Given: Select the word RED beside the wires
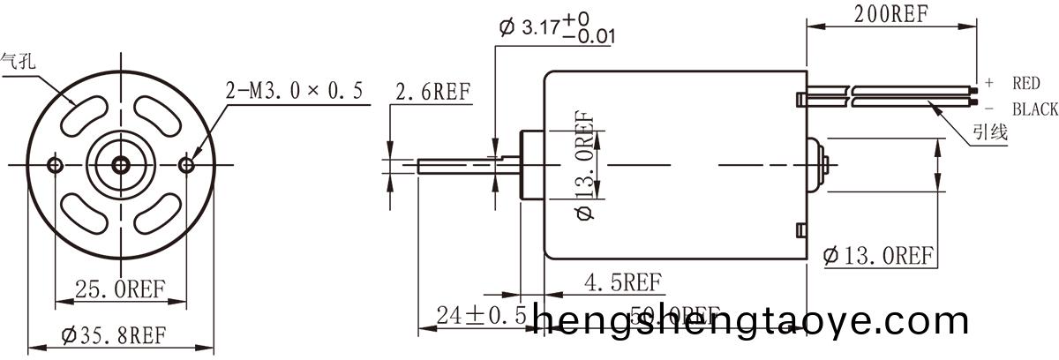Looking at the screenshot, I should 1027,84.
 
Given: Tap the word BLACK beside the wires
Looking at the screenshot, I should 1034,109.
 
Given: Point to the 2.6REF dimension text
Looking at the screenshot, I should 433,93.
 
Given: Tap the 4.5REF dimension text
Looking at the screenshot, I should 623,282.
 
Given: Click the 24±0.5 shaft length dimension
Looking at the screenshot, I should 481,315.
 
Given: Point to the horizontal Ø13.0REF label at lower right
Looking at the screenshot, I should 878,257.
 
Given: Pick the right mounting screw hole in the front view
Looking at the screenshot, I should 185,165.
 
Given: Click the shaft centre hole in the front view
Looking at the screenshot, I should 120,165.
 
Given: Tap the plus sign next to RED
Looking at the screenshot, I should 989,83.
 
